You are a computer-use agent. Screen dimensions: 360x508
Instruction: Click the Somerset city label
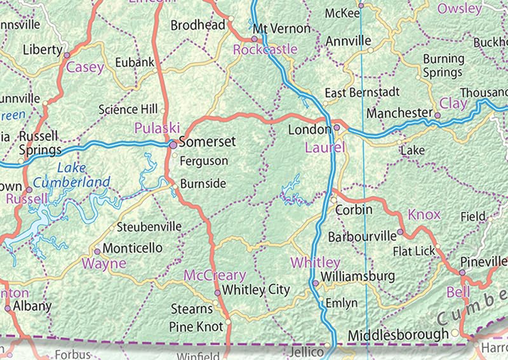[207, 142]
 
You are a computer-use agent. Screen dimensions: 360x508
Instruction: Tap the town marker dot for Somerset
[173, 145]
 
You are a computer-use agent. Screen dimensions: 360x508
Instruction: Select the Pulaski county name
[157, 128]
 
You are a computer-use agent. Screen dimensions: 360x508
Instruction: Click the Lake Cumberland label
[72, 176]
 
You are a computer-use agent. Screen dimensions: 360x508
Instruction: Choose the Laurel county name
[324, 149]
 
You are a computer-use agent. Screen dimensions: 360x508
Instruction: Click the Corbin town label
[353, 210]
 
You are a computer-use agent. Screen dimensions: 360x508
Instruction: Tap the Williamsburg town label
[358, 277]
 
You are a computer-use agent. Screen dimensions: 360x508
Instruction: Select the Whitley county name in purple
[315, 262]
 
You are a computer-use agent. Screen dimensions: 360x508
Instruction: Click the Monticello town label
[132, 248]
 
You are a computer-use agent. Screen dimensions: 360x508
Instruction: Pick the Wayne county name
[105, 263]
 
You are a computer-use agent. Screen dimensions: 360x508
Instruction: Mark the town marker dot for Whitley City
[217, 293]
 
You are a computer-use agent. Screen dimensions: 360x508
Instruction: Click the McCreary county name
[214, 275]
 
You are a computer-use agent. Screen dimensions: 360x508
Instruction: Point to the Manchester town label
[399, 113]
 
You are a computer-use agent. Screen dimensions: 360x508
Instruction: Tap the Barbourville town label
[361, 237]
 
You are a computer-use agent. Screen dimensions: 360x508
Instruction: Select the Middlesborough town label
[398, 335]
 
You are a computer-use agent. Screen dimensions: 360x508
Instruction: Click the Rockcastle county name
[265, 50]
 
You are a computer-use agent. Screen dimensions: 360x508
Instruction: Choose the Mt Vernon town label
[281, 29]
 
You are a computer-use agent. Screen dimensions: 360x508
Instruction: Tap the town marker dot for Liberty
[67, 55]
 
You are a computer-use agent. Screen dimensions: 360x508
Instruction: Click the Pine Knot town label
[196, 326]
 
